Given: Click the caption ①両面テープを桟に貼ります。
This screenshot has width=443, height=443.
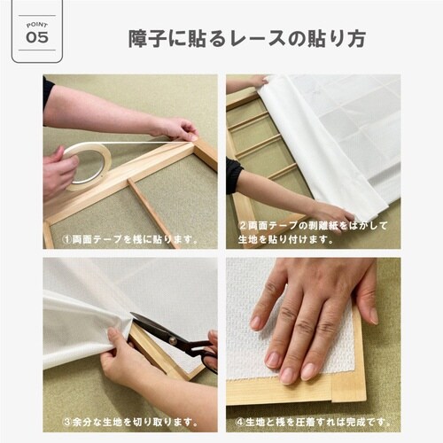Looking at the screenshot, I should coord(129,239).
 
